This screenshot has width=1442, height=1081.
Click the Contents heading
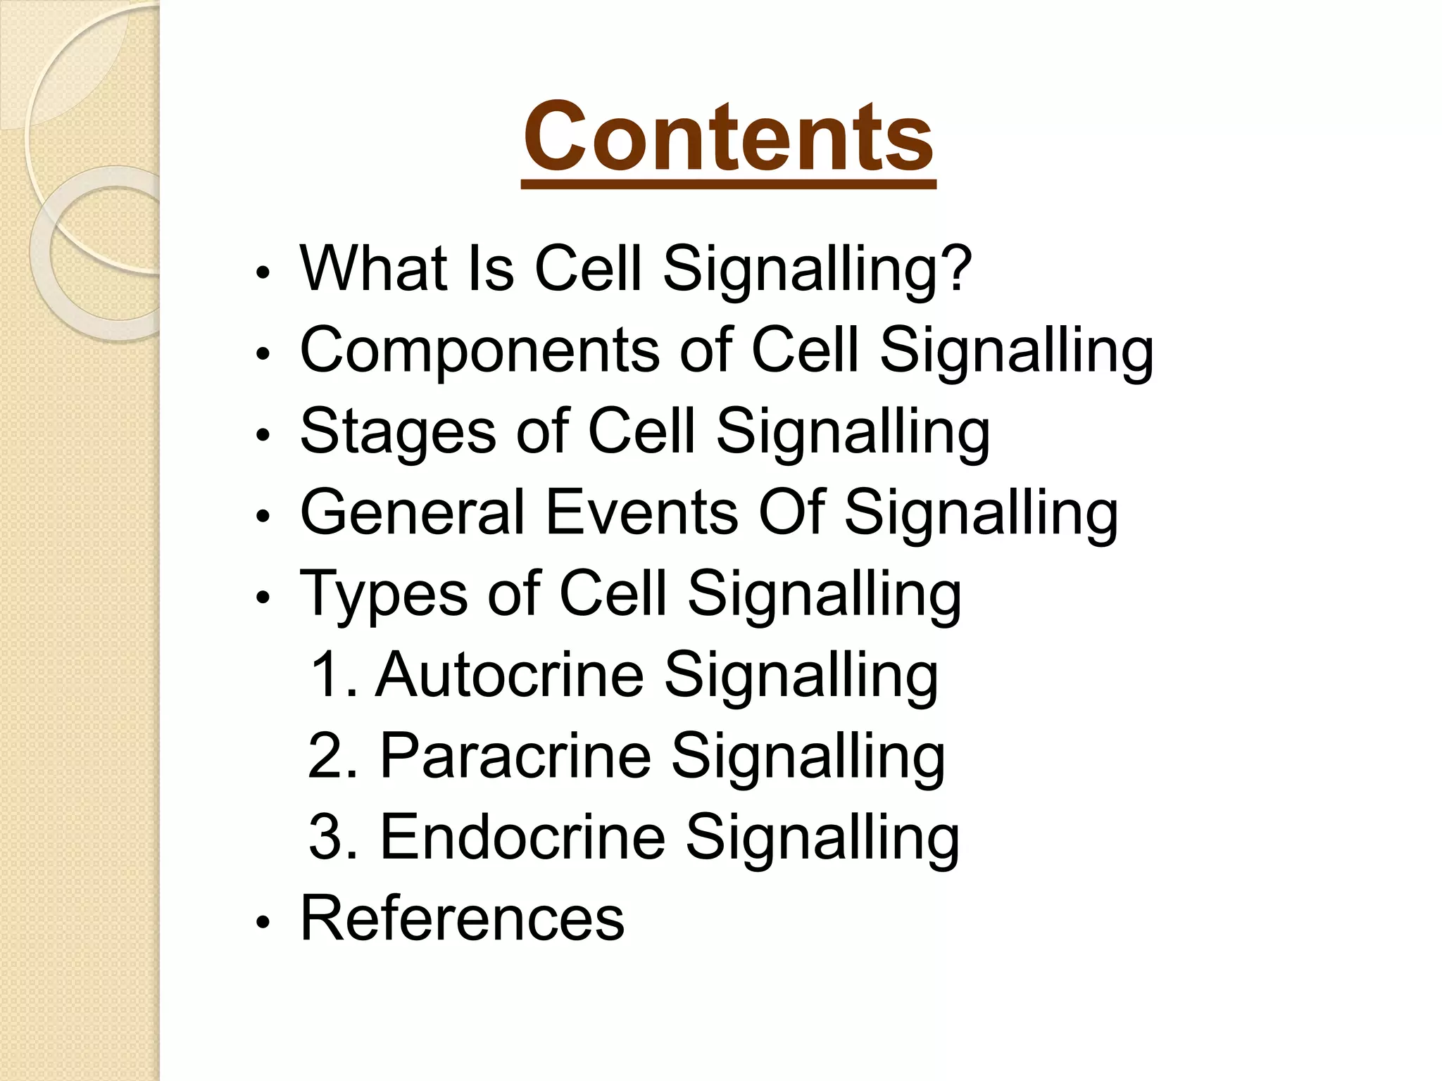729,137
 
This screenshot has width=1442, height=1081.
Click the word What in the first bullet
374,269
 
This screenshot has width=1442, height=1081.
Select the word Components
479,351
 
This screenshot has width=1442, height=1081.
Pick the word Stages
398,432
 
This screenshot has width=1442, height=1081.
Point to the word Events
641,512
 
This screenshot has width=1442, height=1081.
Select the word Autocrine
509,675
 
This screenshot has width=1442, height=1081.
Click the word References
462,918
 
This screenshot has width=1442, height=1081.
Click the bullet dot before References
263,922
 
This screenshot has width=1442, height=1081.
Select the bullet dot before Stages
263,436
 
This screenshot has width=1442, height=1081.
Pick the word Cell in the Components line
805,350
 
